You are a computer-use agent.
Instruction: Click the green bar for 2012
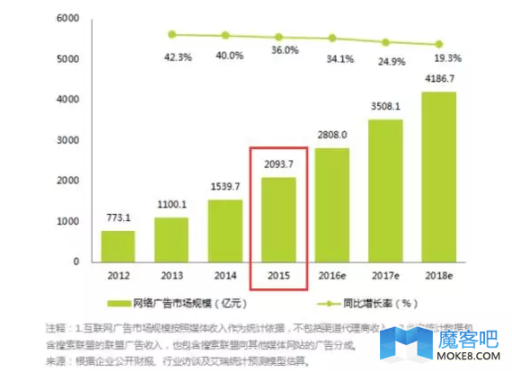[x=119, y=245]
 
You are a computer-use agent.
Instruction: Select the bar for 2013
[x=172, y=239]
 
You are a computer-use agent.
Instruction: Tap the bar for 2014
[x=225, y=230]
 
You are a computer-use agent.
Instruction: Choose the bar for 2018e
[x=438, y=176]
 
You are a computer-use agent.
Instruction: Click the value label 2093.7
[x=278, y=164]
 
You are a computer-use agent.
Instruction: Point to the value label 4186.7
[x=438, y=79]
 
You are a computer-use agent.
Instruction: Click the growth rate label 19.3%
[x=447, y=58]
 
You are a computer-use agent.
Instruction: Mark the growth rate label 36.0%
[x=285, y=51]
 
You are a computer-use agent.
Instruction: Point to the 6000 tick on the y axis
[x=68, y=18]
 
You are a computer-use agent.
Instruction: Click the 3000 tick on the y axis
[x=68, y=140]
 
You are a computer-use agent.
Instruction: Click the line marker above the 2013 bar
[x=172, y=34]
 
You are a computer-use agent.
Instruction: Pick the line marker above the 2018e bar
[x=438, y=44]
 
